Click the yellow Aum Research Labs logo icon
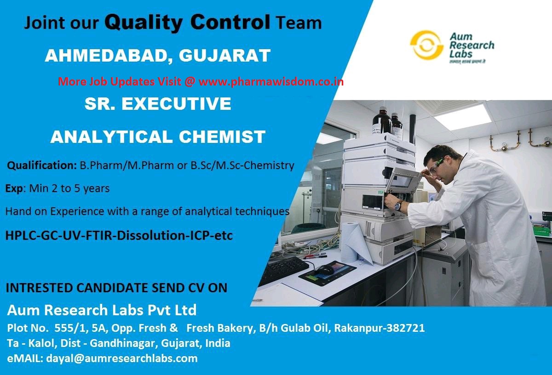point(426,45)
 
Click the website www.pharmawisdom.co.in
point(271,82)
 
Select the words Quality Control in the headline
point(187,22)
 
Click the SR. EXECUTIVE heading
point(158,104)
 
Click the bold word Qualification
point(42,165)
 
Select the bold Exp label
point(14,188)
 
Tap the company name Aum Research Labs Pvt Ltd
point(102,310)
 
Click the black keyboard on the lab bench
point(283,271)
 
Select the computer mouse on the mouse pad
point(326,270)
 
